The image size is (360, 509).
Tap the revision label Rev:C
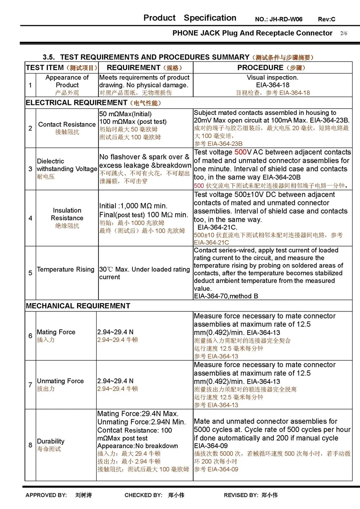[326, 20]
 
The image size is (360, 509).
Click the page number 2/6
[343, 33]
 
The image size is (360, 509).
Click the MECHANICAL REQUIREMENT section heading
[78, 306]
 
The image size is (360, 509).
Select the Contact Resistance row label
[67, 124]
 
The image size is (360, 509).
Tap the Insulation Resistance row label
[67, 214]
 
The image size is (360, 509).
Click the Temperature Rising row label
[65, 269]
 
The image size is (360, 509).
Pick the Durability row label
[50, 441]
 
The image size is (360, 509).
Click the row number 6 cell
[30, 335]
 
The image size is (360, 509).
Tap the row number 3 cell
[30, 169]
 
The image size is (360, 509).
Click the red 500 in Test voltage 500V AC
[240, 152]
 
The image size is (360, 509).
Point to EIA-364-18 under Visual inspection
[273, 85]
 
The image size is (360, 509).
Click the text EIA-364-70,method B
[226, 296]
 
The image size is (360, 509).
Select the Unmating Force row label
[60, 381]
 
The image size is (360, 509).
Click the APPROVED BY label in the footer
[46, 495]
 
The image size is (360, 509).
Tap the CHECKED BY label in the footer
[143, 495]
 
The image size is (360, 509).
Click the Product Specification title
[190, 18]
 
